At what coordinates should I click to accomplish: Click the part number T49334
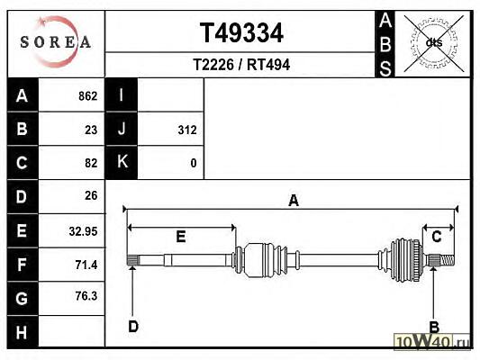coord(241,33)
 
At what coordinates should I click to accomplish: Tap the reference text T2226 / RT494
coord(241,65)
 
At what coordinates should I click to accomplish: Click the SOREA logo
coord(56,42)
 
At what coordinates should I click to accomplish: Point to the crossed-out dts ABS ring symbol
coord(434,43)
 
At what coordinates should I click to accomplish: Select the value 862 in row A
coord(88,96)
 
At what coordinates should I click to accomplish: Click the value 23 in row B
coord(91,130)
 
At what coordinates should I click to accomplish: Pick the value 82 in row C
coord(91,163)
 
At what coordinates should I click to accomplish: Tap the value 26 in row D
coord(91,196)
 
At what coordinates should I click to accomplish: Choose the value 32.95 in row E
coord(83,231)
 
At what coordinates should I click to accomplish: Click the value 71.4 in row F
coord(86,265)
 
